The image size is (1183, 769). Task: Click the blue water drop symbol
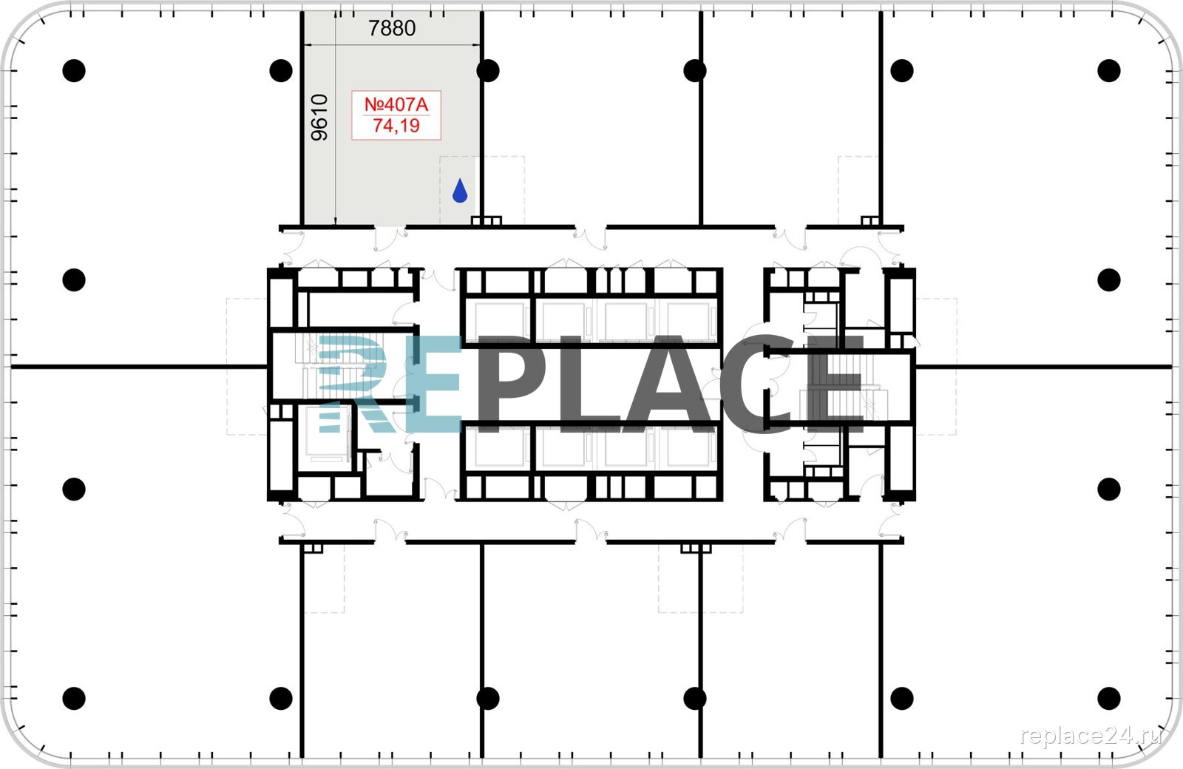pos(460,191)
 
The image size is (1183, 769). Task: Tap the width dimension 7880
pos(392,28)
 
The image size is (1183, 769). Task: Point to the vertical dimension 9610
pos(319,118)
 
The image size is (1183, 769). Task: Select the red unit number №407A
pos(396,104)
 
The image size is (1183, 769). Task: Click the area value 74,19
pos(396,126)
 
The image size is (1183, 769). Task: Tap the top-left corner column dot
pos(74,71)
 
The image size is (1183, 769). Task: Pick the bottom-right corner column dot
pos(1108,698)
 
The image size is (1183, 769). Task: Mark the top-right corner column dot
pos(1108,71)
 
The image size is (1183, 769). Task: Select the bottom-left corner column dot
pos(74,698)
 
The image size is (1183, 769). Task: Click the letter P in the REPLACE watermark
pos(507,384)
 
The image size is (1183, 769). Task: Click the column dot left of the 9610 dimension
pos(281,71)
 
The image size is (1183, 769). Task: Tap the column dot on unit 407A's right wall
pos(487,71)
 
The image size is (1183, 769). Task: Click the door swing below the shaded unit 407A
pos(390,239)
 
